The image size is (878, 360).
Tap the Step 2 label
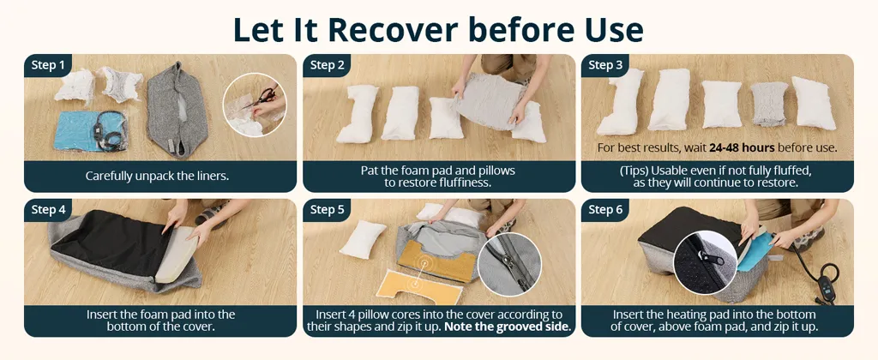click(327, 65)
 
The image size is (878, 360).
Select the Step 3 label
click(605, 65)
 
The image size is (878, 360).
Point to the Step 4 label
click(48, 210)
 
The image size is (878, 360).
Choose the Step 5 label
click(327, 210)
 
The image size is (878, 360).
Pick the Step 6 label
click(605, 210)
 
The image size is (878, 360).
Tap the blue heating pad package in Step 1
click(93, 131)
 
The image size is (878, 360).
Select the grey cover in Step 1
click(177, 110)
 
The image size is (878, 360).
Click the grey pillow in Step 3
click(769, 104)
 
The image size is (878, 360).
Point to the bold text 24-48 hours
click(742, 148)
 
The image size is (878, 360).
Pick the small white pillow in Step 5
click(364, 240)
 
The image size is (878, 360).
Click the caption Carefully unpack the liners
click(158, 177)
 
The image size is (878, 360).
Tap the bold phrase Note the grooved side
click(508, 327)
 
